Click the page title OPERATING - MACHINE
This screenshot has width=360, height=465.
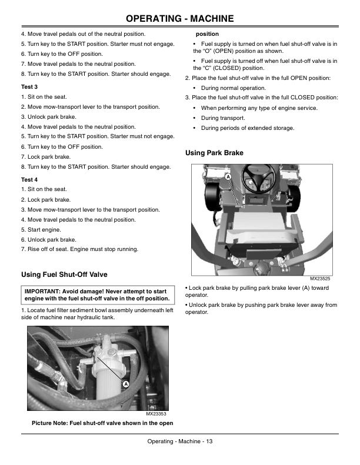click(180, 18)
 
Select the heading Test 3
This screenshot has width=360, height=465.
click(29, 87)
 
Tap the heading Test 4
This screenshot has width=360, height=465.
click(29, 180)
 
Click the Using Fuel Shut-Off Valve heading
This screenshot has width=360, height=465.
click(64, 275)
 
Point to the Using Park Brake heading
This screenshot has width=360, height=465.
click(214, 153)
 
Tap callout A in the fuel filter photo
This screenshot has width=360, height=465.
click(126, 384)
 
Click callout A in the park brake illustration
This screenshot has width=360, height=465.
click(228, 177)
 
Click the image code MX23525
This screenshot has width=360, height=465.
click(320, 279)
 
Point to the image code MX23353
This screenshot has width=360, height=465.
click(156, 414)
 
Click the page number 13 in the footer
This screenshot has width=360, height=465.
click(209, 441)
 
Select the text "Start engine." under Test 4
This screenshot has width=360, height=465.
click(44, 230)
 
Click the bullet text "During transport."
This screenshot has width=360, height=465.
click(223, 118)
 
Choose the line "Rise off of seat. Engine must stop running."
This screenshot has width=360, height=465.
click(83, 249)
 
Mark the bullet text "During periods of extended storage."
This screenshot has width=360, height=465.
click(248, 128)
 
